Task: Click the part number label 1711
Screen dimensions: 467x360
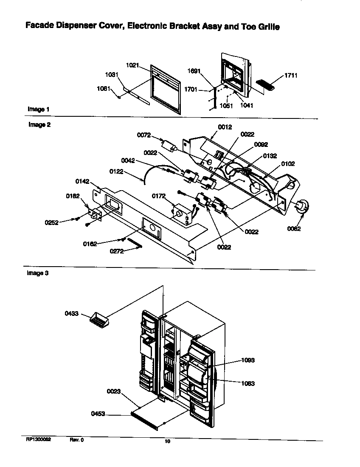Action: tap(279, 76)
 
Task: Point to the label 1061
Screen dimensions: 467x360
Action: tap(104, 89)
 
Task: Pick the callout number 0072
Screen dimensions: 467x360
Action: tap(144, 135)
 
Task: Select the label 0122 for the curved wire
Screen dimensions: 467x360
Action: tap(129, 172)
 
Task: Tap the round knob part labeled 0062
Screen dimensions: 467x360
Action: tap(302, 207)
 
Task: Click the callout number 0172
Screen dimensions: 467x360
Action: tap(159, 195)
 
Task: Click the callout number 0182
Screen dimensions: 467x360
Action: tap(73, 196)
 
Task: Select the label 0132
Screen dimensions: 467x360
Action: tap(270, 156)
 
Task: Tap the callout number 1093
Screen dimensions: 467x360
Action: tap(247, 360)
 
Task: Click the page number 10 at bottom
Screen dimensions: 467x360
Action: tap(167, 442)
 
